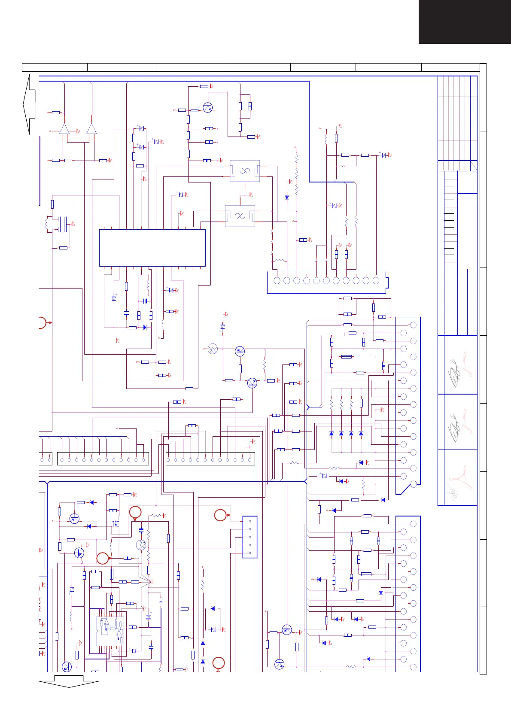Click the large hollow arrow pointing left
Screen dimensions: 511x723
coord(29,104)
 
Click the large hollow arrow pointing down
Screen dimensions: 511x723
coord(69,681)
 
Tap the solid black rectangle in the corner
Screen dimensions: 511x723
coord(465,21)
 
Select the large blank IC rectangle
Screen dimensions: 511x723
coord(152,248)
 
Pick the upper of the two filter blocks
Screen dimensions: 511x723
coord(245,171)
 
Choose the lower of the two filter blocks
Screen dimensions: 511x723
coord(240,216)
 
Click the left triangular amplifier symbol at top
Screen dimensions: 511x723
coord(64,128)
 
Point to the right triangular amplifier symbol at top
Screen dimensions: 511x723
coord(91,128)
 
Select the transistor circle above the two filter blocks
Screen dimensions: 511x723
coord(208,107)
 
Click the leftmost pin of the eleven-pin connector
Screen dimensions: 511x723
coord(277,280)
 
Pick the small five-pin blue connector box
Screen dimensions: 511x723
coord(250,537)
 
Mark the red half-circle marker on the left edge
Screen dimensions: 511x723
coord(42,322)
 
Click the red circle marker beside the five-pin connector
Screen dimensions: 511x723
coord(220,515)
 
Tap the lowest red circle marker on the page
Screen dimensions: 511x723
coord(219,663)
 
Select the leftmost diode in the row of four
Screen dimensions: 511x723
coord(332,434)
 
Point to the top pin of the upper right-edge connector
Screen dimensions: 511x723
coord(414,325)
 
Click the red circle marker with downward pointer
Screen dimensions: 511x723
coord(135,512)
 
